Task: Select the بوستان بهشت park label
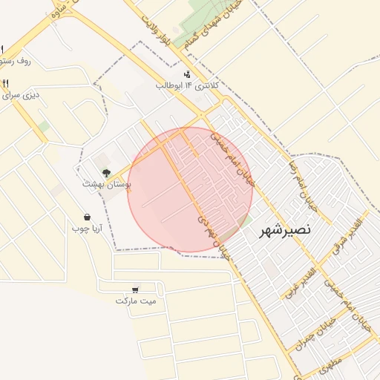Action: [x=105, y=183]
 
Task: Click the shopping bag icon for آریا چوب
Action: [x=88, y=218]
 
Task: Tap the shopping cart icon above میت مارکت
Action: [x=134, y=289]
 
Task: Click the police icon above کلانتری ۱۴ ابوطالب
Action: [x=186, y=74]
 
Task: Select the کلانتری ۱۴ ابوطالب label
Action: [x=186, y=85]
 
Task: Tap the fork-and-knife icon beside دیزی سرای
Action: [x=6, y=83]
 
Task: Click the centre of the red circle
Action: [x=190, y=190]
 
